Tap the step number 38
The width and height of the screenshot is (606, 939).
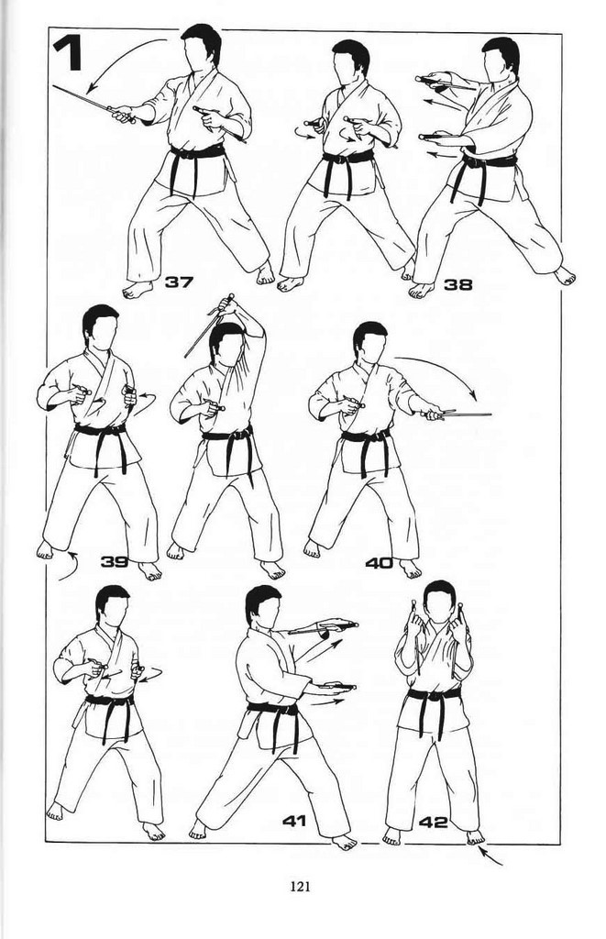pyautogui.click(x=457, y=284)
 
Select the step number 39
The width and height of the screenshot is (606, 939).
pyautogui.click(x=115, y=561)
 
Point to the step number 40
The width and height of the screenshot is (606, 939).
pyautogui.click(x=379, y=563)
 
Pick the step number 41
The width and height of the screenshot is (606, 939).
pyautogui.click(x=294, y=820)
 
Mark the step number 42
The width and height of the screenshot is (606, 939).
pyautogui.click(x=433, y=823)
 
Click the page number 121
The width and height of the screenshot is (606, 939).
pyautogui.click(x=300, y=887)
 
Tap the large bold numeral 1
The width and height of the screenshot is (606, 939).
pyautogui.click(x=68, y=54)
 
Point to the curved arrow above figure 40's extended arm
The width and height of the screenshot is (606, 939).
pyautogui.click(x=443, y=369)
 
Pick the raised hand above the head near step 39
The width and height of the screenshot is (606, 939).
pyautogui.click(x=228, y=305)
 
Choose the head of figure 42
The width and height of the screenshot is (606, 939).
pyautogui.click(x=440, y=602)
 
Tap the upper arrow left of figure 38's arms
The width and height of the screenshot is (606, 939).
pyautogui.click(x=443, y=105)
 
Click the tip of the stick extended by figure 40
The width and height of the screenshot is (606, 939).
pyautogui.click(x=491, y=414)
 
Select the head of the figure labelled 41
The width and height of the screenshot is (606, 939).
pyautogui.click(x=263, y=606)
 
